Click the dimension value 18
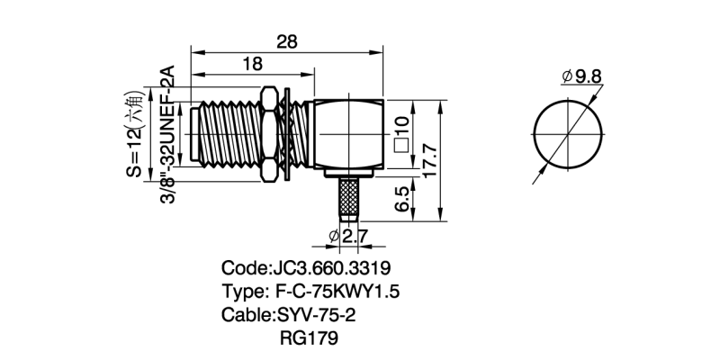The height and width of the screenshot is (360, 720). [x=253, y=64]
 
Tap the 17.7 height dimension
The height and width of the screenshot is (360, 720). [x=429, y=160]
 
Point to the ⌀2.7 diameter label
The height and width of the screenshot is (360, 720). [x=346, y=236]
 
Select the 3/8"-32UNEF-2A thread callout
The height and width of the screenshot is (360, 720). [x=166, y=135]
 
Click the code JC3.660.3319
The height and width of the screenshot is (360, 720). [x=305, y=269]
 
